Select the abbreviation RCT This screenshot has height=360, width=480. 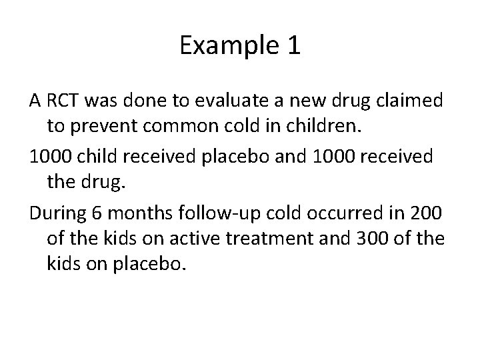click(64, 101)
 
